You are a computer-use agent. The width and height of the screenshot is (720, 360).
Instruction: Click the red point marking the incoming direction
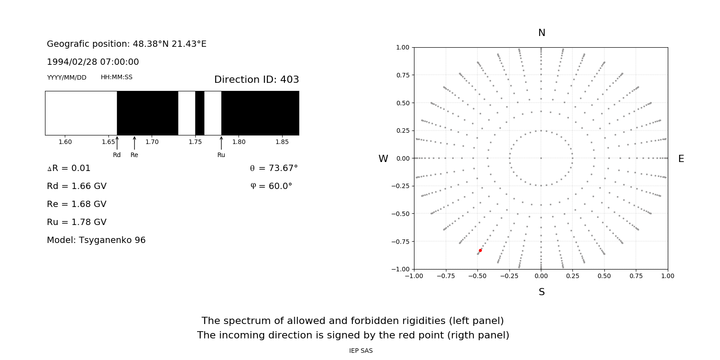480,250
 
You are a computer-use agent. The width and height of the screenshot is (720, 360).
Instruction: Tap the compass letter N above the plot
541,33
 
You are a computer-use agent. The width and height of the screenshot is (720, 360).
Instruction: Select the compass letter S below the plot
541,292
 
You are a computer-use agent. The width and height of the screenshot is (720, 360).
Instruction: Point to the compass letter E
681,159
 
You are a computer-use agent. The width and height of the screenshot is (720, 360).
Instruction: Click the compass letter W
383,159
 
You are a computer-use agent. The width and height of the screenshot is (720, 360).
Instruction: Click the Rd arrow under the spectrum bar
117,143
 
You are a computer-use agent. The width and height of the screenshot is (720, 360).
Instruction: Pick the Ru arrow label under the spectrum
221,155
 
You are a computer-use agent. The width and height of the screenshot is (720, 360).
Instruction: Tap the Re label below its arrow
134,155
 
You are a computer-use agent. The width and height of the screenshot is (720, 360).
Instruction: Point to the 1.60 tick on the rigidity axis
65,142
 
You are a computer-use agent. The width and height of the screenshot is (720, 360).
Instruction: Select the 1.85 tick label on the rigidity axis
282,142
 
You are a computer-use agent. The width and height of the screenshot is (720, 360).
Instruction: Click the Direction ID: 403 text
256,80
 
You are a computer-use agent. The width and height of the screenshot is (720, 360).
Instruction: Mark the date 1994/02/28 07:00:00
93,62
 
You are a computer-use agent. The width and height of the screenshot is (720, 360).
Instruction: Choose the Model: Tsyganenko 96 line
96,240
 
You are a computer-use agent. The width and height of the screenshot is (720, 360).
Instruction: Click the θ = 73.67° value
274,168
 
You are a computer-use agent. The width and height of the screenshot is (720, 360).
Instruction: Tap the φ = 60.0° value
271,186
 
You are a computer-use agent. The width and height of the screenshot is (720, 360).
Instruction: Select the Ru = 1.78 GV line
76,222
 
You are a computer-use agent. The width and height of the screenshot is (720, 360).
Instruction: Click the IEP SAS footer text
361,351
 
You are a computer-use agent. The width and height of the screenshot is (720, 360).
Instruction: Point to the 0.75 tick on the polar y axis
402,75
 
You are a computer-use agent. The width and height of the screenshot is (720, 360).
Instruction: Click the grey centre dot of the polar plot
541,158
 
